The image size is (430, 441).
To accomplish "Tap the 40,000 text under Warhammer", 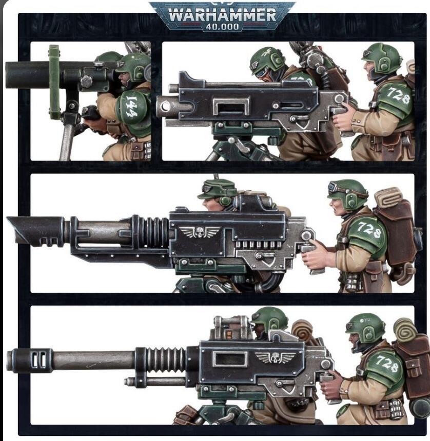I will (222, 27).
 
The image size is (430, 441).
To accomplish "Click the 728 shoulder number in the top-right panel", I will (399, 95).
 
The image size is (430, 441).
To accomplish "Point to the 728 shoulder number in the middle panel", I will (369, 230).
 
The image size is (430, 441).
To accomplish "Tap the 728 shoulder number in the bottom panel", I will (386, 361).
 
